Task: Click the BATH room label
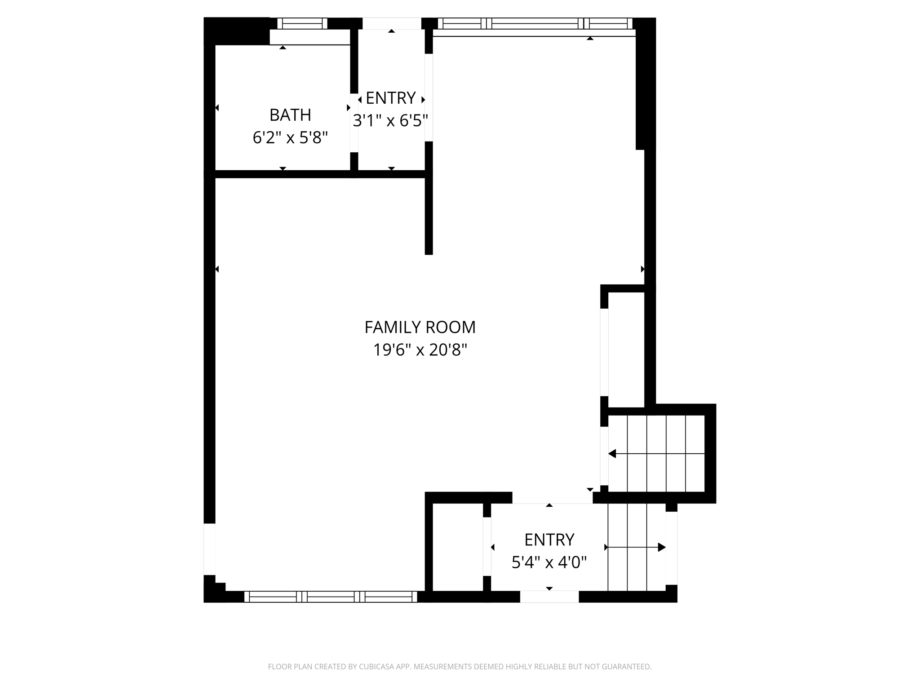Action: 290,115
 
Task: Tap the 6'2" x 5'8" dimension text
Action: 290,137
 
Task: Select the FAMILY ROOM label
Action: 420,327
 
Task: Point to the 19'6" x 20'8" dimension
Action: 420,349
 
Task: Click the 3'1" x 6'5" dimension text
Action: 390,120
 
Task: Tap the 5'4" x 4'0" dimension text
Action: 549,562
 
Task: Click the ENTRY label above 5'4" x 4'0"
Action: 549,540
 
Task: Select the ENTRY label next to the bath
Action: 390,98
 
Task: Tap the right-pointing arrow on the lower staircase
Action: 635,547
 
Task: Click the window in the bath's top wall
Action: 302,23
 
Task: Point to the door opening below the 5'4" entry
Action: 549,597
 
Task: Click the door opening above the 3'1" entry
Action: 392,23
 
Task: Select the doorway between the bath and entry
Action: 354,123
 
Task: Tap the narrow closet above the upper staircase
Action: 626,349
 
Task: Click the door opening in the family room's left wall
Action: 210,549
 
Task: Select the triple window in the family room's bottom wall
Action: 331,597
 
